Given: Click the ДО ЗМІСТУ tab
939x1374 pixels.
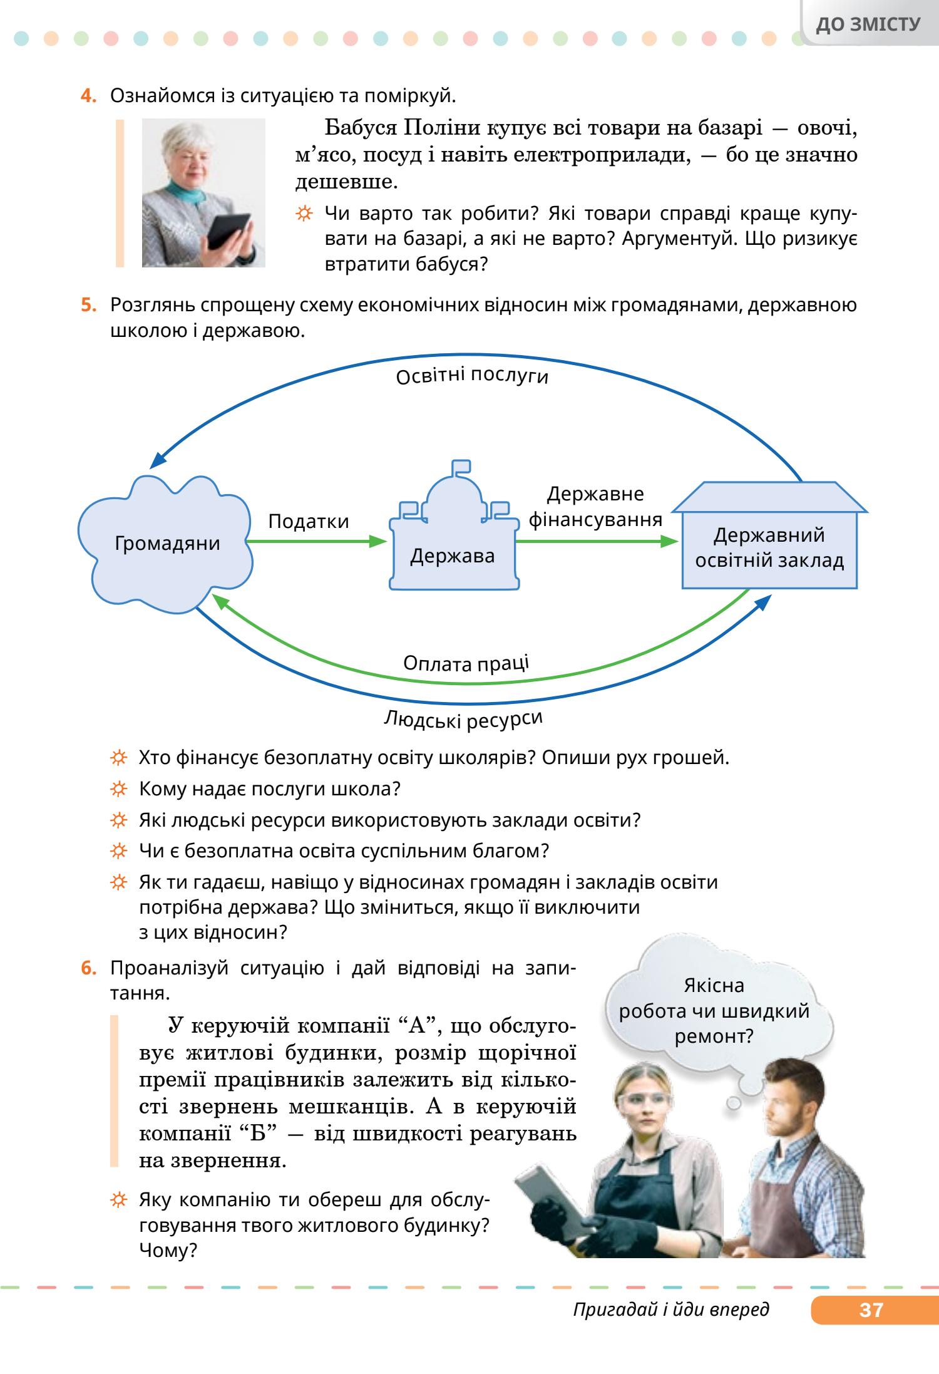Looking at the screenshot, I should tap(869, 24).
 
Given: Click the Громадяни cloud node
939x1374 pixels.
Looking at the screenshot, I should tap(167, 543).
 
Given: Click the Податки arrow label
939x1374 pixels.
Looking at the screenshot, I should tap(309, 522).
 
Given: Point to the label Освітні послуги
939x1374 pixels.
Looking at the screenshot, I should tap(473, 376).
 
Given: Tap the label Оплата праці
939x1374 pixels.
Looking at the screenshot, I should tap(466, 663).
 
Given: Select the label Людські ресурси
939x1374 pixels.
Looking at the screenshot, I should tap(463, 719).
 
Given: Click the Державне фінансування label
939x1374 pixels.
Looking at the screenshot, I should tap(595, 507).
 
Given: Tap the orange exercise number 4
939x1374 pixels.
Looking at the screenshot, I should tap(88, 96).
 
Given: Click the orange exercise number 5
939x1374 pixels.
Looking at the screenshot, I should tap(88, 306).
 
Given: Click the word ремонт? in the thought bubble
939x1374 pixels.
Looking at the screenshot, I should tap(714, 1036).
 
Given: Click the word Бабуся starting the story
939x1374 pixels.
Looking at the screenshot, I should tap(360, 128).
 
